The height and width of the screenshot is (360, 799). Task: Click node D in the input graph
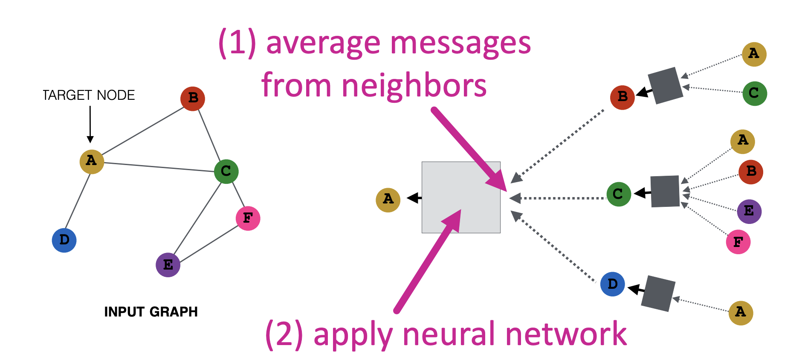[x=64, y=240]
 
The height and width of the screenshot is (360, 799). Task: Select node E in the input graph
[x=168, y=265]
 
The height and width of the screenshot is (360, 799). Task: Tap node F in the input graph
[x=248, y=218]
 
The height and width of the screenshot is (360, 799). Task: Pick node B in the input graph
[x=193, y=99]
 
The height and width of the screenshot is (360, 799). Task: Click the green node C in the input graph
[x=226, y=171]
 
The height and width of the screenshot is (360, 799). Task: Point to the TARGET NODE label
[x=89, y=95]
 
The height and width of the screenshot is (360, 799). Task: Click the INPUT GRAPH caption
[x=151, y=312]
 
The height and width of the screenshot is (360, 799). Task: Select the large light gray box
[x=461, y=197]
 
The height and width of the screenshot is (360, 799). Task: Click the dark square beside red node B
[x=665, y=86]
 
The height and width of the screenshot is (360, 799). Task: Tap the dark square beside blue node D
[x=659, y=293]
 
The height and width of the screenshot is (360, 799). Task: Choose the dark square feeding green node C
[x=665, y=192]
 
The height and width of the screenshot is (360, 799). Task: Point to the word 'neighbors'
[x=414, y=85]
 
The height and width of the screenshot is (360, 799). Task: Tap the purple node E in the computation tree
[x=749, y=212]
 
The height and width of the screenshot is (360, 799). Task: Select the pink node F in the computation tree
[x=738, y=242]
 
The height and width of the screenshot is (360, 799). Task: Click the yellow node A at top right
[x=754, y=54]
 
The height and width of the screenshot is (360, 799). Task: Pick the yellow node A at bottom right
[x=741, y=313]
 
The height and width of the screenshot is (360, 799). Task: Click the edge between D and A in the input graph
[x=78, y=200]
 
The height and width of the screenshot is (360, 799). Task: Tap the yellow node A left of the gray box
[x=388, y=200]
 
